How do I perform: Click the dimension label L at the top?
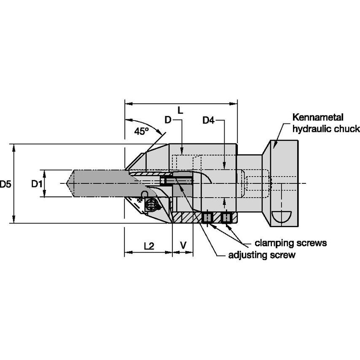[x=180, y=110]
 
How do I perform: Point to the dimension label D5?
[x=6, y=184]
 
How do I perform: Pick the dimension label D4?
[x=209, y=121]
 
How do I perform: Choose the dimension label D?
[x=168, y=121]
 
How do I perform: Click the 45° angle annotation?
[x=142, y=131]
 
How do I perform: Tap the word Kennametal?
[x=319, y=117]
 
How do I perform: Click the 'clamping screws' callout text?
[x=291, y=243]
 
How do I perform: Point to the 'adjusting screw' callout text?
[x=261, y=255]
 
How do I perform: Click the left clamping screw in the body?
[x=207, y=218]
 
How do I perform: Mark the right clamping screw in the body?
[x=227, y=218]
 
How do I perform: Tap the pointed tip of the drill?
[x=68, y=183]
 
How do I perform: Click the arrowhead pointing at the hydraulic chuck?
[x=274, y=145]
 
